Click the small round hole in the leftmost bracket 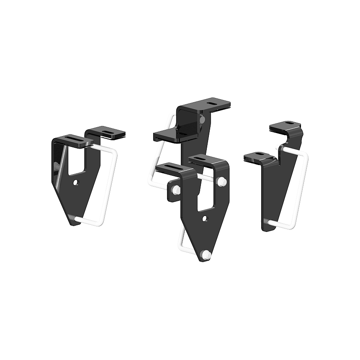pos(75,182)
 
